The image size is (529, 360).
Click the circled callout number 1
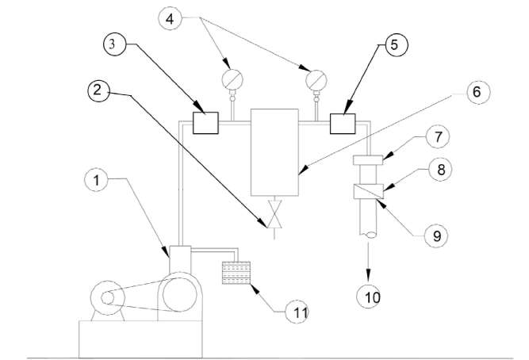pyautogui.click(x=95, y=181)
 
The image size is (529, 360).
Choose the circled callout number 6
pyautogui.click(x=476, y=91)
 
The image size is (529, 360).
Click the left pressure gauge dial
pyautogui.click(x=232, y=80)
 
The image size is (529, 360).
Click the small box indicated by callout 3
pyautogui.click(x=206, y=124)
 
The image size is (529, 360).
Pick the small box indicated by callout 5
pyautogui.click(x=343, y=124)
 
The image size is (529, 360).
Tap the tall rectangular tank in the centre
pyautogui.click(x=274, y=152)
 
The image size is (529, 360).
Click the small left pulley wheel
pyautogui.click(x=105, y=299)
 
